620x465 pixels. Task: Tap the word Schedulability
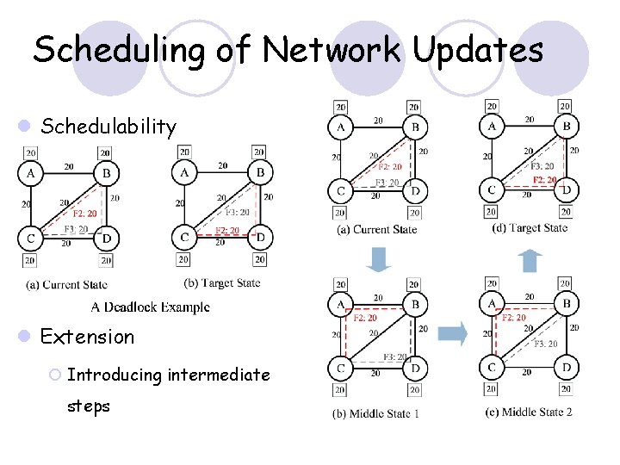click(x=108, y=127)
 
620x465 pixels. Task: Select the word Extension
click(x=88, y=336)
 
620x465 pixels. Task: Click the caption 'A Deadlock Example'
click(x=151, y=307)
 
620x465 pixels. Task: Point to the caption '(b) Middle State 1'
click(x=376, y=413)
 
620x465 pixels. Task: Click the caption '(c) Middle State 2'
click(x=528, y=412)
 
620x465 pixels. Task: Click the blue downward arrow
click(x=378, y=257)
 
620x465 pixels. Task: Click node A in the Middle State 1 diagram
click(x=341, y=304)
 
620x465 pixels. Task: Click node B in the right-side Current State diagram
click(x=415, y=127)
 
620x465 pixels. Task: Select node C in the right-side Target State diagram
click(x=491, y=189)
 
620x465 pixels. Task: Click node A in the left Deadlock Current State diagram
click(x=30, y=173)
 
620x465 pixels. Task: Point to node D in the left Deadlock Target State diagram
click(x=259, y=237)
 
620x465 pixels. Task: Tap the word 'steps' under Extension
click(x=89, y=406)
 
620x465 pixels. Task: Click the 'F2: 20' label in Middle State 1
click(x=365, y=318)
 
